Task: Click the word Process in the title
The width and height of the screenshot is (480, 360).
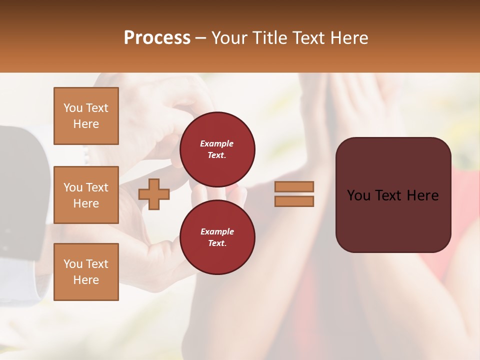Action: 157,38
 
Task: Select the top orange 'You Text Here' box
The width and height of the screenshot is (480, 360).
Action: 86,116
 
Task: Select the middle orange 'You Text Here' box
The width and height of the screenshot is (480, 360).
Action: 86,195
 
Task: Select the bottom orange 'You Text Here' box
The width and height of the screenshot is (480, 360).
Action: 86,271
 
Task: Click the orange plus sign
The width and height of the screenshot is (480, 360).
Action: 154,194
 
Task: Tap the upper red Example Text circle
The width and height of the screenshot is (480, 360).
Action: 217,149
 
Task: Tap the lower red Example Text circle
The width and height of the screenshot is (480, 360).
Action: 217,237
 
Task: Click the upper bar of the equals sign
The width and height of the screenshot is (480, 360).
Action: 294,186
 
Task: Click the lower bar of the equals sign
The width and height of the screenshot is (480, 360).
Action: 294,201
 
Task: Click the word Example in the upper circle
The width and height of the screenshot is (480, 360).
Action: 217,143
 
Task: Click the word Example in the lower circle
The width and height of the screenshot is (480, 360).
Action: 217,231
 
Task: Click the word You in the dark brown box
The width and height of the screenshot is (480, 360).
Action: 358,195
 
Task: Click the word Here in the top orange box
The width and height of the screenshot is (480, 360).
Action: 86,124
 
